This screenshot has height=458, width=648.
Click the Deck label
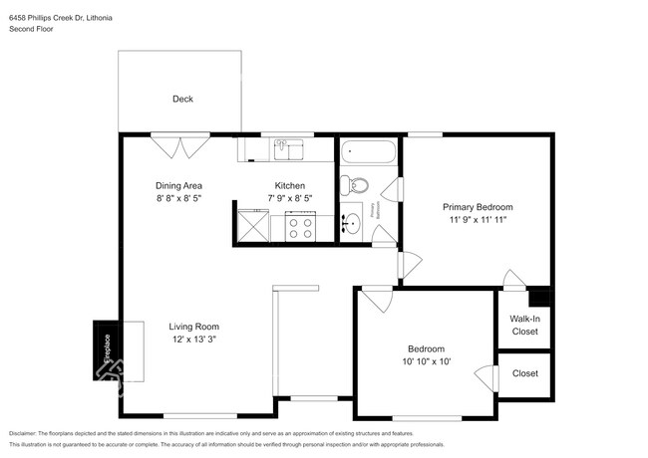[x=181, y=99]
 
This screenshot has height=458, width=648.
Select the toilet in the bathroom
[x=354, y=185]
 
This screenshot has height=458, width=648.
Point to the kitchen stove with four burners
[x=300, y=228]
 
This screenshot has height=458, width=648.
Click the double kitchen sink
[x=289, y=149]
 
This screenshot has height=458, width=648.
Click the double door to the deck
[x=180, y=147]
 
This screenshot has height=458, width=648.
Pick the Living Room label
[x=193, y=327]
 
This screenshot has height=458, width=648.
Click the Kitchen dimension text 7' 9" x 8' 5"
[x=290, y=199]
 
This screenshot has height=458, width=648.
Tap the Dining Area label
[x=179, y=185]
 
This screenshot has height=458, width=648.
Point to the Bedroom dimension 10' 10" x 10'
[x=426, y=361]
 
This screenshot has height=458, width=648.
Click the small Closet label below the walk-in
[x=524, y=373]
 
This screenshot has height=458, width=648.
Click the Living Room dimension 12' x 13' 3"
[x=193, y=340]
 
